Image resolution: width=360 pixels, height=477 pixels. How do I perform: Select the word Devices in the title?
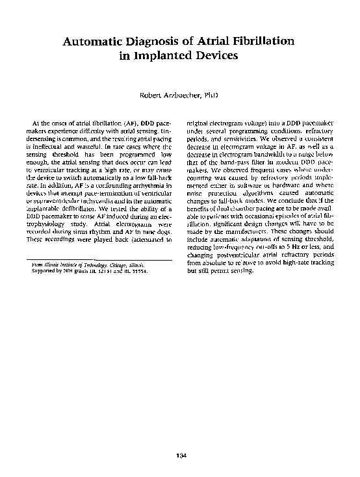click(x=218, y=56)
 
